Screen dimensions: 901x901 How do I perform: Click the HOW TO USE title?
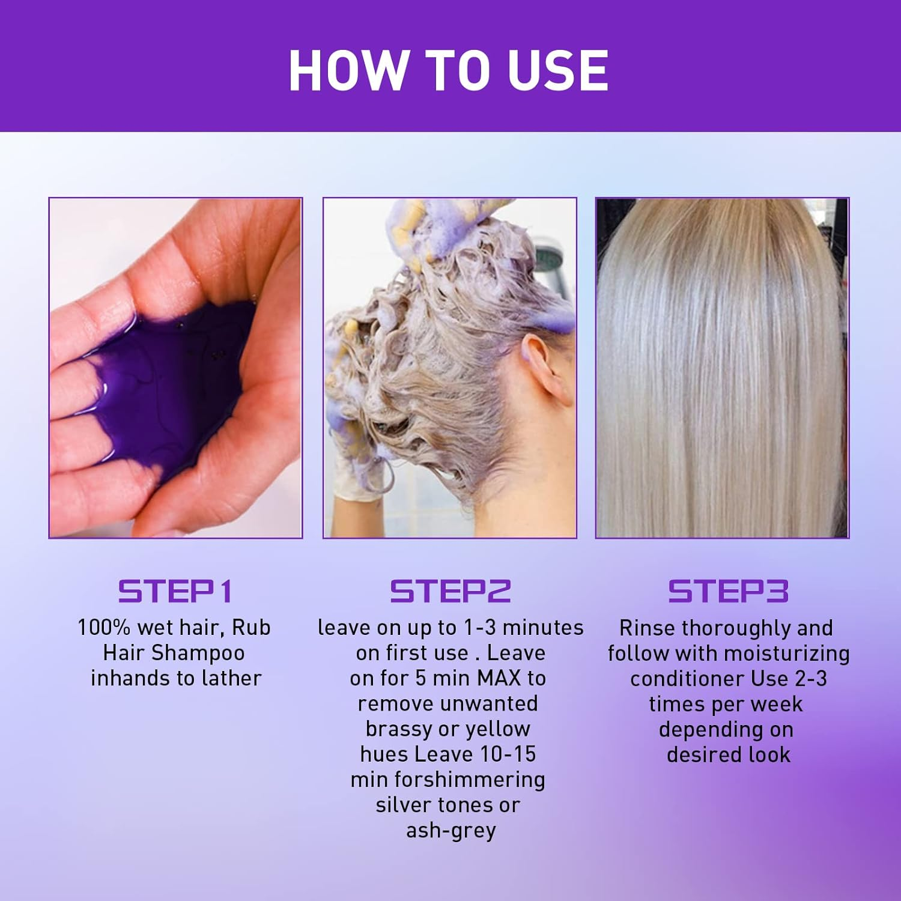click(x=449, y=70)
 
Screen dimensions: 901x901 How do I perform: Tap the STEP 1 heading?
click(x=175, y=591)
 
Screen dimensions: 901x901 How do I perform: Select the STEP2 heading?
click(x=450, y=591)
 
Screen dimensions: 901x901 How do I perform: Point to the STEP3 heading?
click(x=728, y=591)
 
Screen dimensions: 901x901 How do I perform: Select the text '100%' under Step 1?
click(x=104, y=628)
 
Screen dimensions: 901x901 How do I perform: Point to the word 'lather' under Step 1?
click(x=232, y=678)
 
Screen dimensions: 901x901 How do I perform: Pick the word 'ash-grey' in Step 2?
click(x=450, y=831)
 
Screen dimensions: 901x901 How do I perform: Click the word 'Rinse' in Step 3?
click(x=648, y=628)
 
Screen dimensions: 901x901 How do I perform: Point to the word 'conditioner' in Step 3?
click(x=679, y=679)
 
